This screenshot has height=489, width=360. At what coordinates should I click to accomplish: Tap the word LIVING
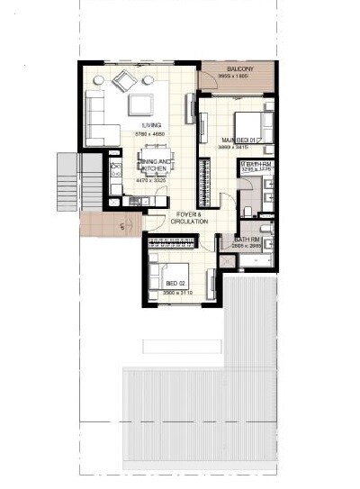click(x=150, y=126)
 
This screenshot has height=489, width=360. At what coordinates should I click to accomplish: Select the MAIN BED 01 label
click(x=240, y=140)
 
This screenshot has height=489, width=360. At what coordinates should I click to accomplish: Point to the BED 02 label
click(x=176, y=284)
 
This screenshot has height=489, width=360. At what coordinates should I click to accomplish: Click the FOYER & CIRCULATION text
click(x=190, y=217)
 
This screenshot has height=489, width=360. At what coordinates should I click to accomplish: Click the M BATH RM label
click(x=256, y=164)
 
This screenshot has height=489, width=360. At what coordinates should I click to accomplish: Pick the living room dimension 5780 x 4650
click(x=150, y=134)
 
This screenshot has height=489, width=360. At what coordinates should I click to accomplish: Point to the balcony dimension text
click(x=238, y=77)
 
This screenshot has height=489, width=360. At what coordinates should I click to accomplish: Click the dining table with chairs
click(x=152, y=166)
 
